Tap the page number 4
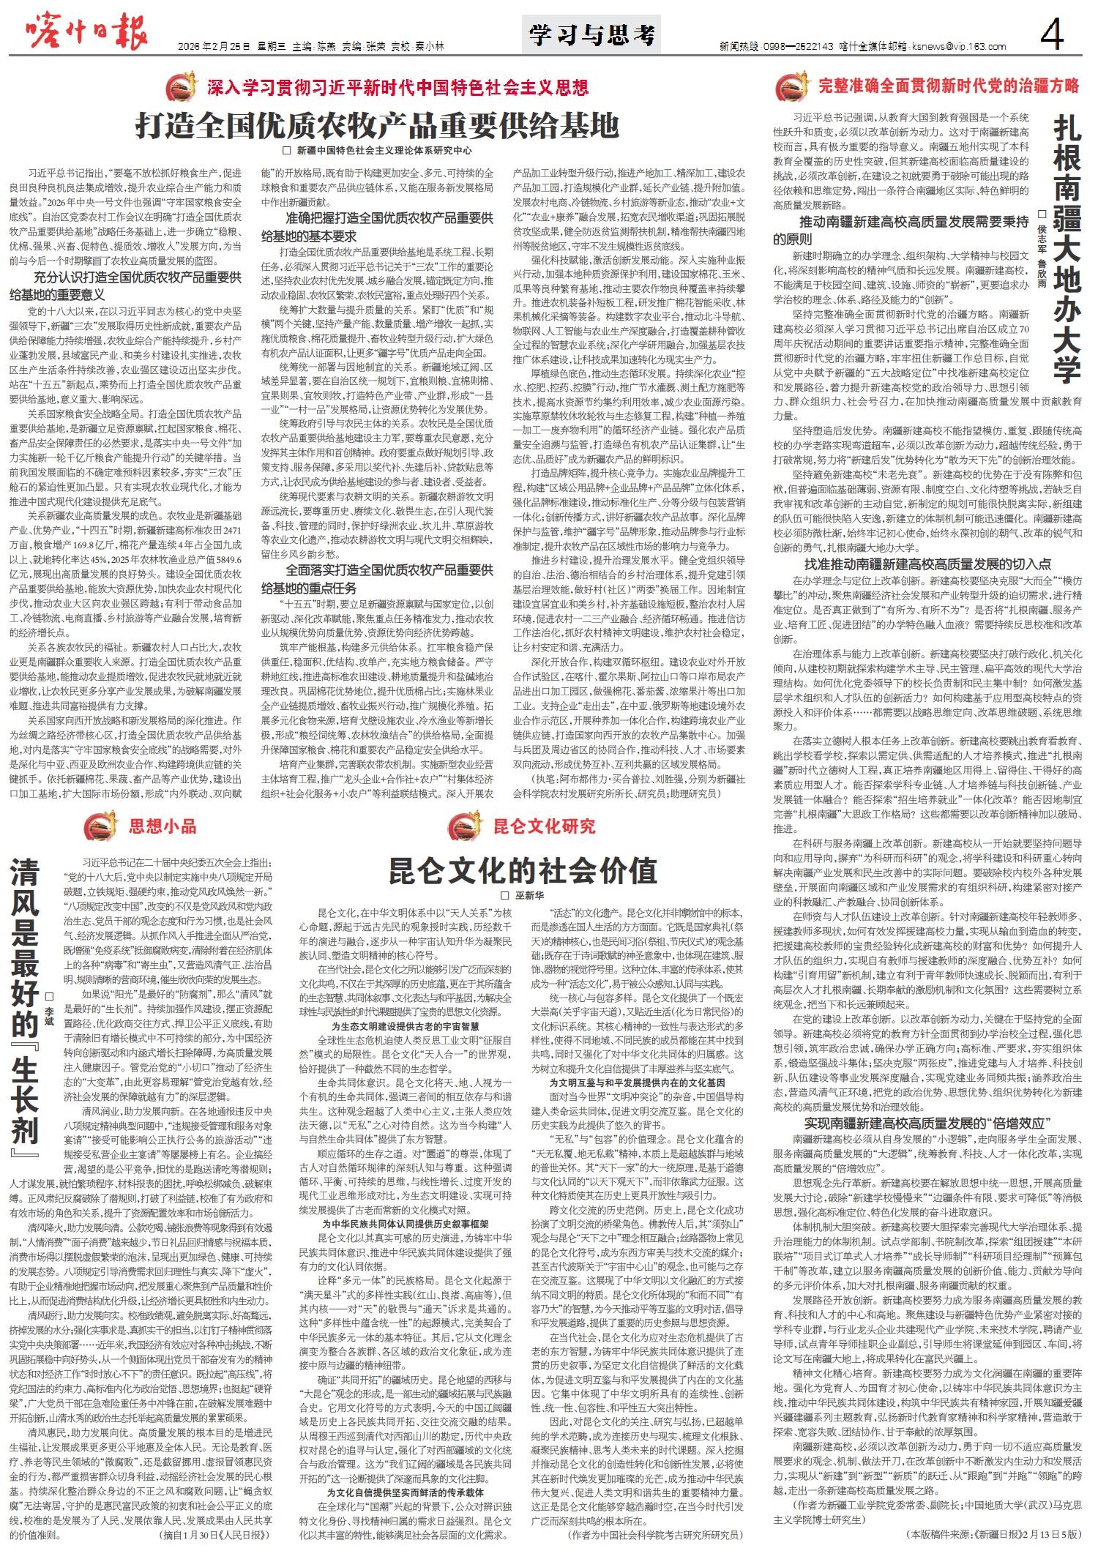click(x=1053, y=34)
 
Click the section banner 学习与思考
click(x=592, y=35)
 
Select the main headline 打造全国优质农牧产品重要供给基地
click(x=377, y=125)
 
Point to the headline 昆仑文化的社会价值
click(x=523, y=871)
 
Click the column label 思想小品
click(x=163, y=826)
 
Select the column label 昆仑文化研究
click(x=544, y=826)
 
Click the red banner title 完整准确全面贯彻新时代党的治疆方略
click(x=948, y=86)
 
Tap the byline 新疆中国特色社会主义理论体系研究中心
click(x=384, y=151)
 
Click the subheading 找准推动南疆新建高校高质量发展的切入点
click(x=927, y=564)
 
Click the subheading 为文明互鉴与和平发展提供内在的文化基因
click(x=637, y=1082)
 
